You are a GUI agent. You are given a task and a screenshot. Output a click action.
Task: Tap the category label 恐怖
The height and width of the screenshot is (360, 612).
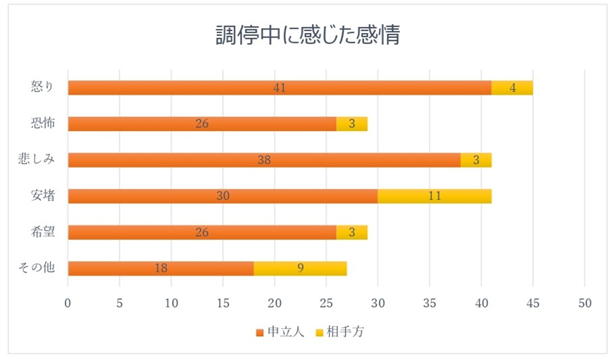pyautogui.click(x=43, y=123)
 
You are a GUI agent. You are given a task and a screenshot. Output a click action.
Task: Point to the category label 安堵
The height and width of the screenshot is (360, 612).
pyautogui.click(x=43, y=195)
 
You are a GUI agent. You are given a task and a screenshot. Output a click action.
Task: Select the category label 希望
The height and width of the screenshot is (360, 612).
pyautogui.click(x=43, y=232)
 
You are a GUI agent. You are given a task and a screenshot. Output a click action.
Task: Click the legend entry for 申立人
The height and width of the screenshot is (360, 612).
pyautogui.click(x=280, y=333)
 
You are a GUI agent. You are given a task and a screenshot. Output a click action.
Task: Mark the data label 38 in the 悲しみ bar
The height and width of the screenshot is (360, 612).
pyautogui.click(x=264, y=160)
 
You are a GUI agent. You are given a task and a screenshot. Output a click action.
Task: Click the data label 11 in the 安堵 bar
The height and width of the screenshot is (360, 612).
pyautogui.click(x=435, y=196)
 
